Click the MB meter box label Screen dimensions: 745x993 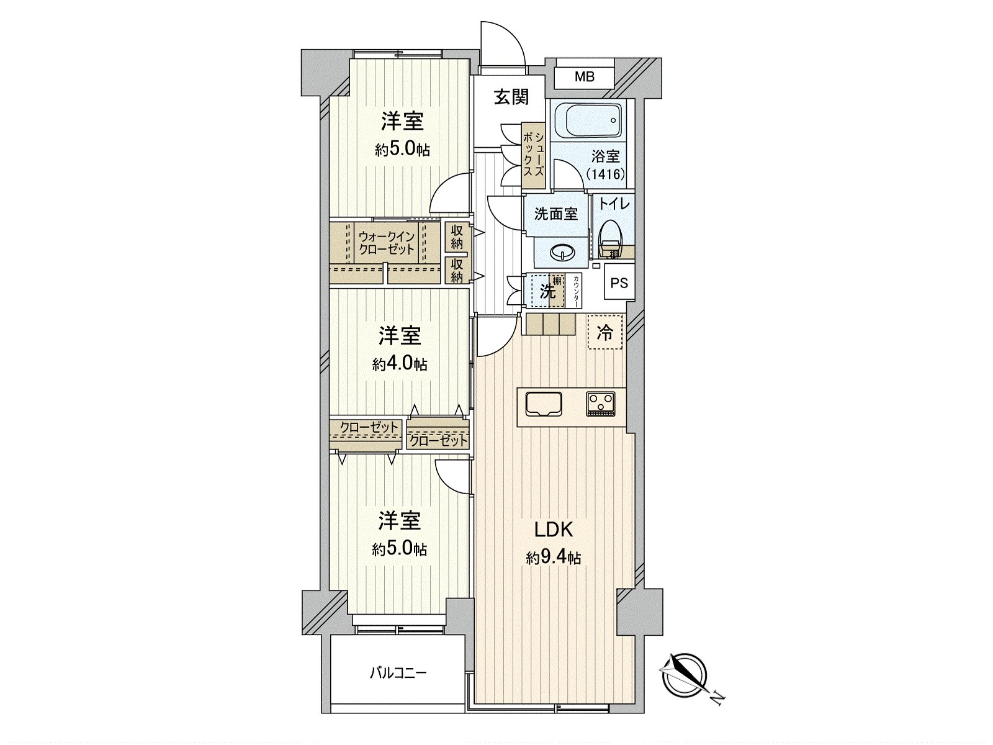point(584,77)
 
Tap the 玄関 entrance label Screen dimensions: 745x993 point(511,97)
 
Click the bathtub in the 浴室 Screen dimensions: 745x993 point(586,121)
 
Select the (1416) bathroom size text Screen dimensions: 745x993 point(606,174)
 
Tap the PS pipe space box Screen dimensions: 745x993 point(619,284)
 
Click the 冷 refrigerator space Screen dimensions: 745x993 point(604,333)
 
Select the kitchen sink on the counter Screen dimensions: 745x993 point(544,404)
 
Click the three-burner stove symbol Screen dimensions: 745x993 point(600,403)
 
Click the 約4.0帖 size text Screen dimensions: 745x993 point(400,364)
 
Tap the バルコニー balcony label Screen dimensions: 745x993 point(398,673)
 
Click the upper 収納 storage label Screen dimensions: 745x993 point(457,236)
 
